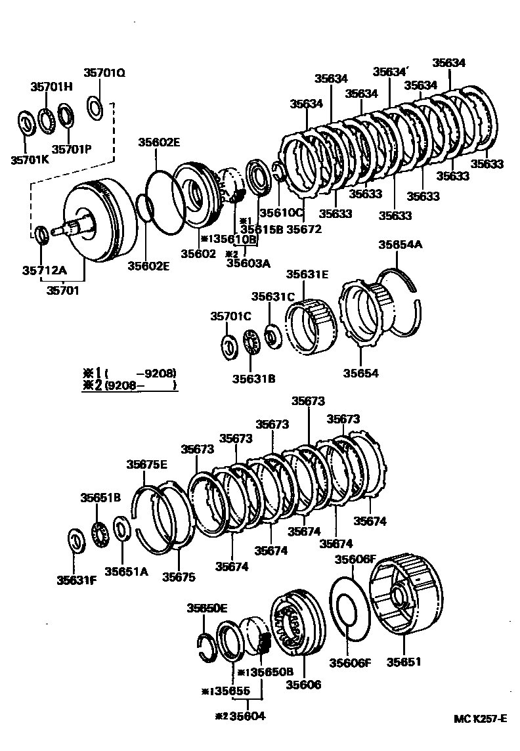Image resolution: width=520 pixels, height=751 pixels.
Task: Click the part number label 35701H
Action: tap(51, 86)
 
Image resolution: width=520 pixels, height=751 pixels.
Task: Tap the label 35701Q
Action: tap(104, 73)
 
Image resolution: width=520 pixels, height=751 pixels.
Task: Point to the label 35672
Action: tap(304, 229)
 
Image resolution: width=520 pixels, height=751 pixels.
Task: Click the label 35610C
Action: tap(280, 213)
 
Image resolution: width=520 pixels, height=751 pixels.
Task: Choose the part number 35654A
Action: tap(400, 245)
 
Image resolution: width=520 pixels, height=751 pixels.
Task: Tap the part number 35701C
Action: tap(230, 316)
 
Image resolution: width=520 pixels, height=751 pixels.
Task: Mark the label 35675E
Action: tap(146, 465)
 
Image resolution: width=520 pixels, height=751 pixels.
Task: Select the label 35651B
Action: tap(100, 498)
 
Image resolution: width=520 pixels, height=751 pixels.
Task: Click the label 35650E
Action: tap(207, 607)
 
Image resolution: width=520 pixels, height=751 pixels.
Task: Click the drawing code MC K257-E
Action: tap(480, 719)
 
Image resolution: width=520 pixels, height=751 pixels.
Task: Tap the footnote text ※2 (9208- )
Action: tap(130, 386)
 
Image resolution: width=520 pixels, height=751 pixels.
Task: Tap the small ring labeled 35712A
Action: tap(41, 234)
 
